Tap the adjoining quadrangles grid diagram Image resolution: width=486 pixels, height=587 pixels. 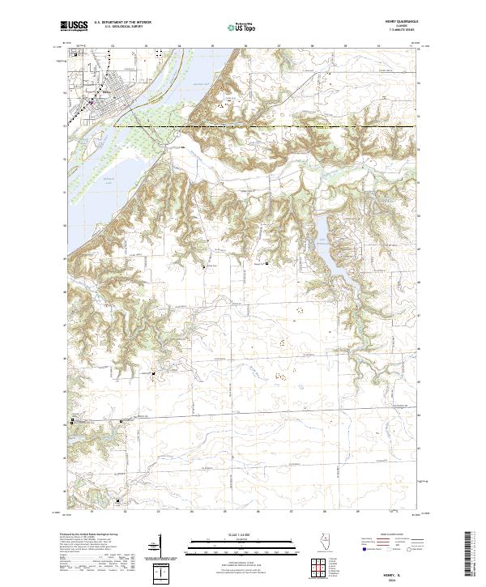point(322,569)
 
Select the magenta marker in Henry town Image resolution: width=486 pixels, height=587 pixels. point(92,103)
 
